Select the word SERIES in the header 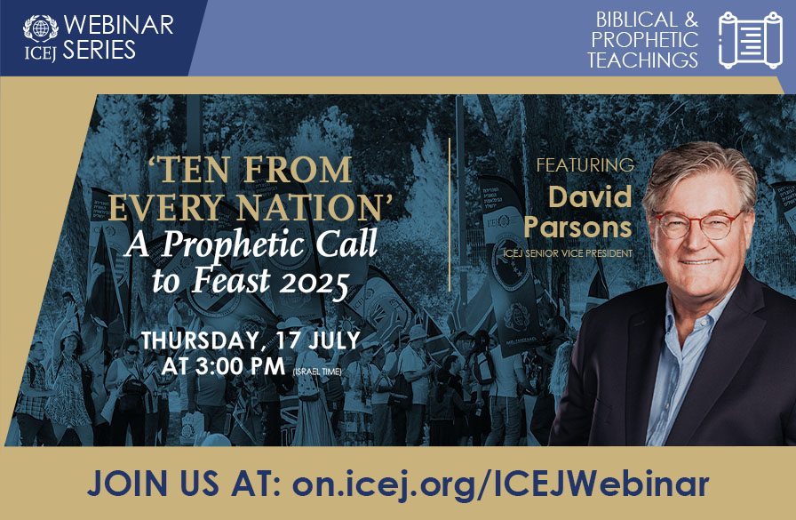click(x=99, y=51)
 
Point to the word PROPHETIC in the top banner click(x=645, y=40)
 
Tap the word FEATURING click(x=585, y=165)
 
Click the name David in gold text click(x=589, y=196)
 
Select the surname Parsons click(x=577, y=227)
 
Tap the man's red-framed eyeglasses click(x=698, y=224)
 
